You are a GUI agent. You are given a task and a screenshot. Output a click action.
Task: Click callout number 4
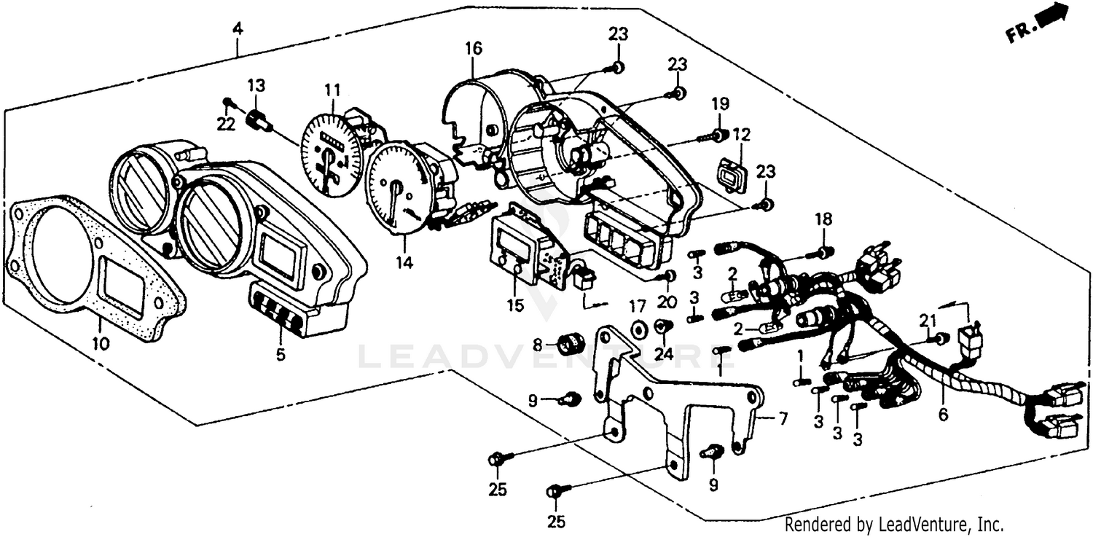(237, 30)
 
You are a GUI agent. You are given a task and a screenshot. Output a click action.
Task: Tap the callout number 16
(474, 49)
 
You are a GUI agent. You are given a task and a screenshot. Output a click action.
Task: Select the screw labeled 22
(228, 102)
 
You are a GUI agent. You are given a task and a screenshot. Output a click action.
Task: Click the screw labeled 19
(713, 136)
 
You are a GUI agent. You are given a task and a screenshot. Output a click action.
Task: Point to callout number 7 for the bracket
(783, 418)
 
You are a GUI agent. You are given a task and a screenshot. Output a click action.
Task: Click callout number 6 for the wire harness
(943, 415)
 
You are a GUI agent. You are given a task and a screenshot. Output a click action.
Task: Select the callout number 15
(515, 305)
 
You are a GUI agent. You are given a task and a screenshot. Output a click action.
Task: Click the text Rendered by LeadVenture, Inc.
(893, 524)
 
